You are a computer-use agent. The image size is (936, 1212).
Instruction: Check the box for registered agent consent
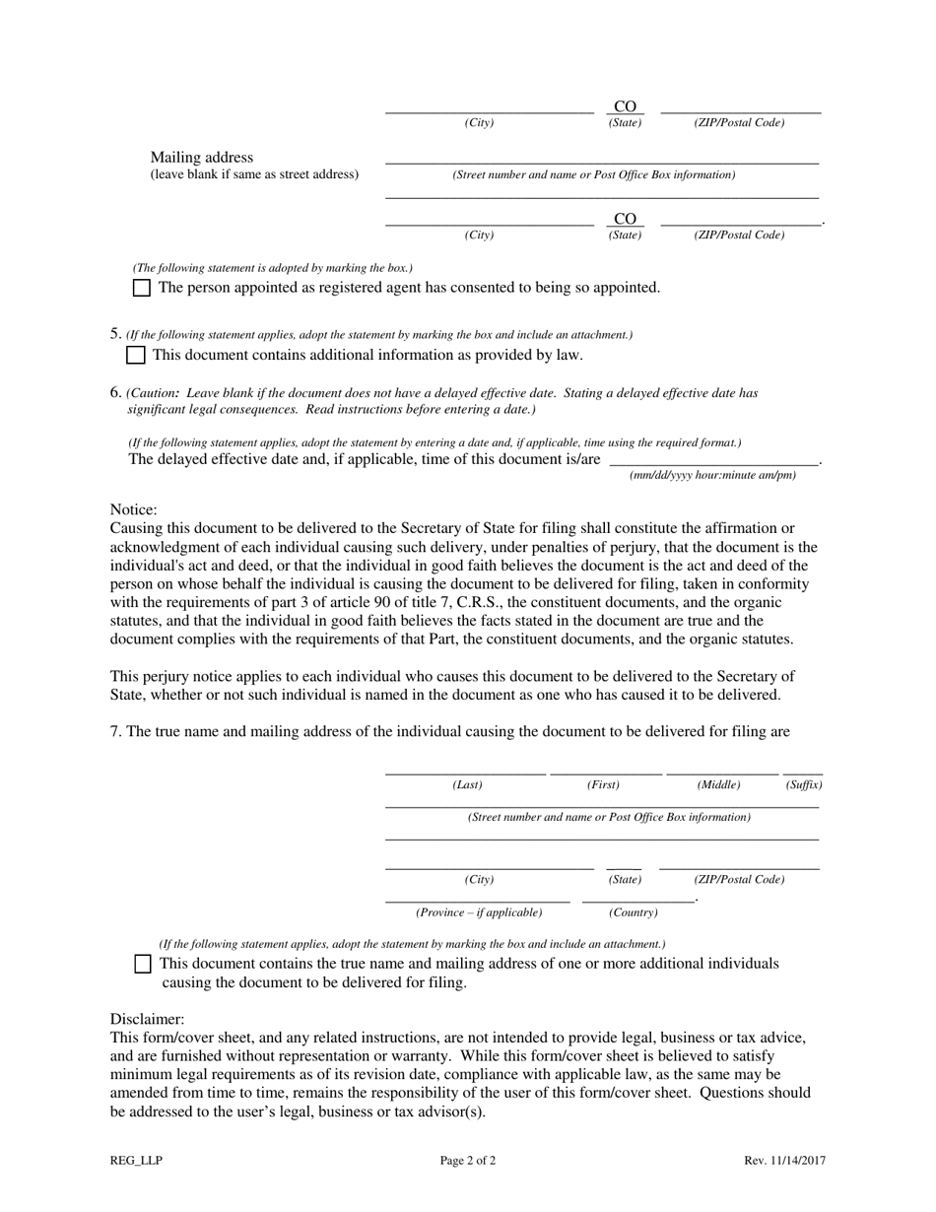click(142, 288)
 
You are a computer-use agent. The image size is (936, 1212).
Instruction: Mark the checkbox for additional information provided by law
click(136, 355)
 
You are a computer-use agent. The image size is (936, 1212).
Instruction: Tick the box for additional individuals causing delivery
click(143, 964)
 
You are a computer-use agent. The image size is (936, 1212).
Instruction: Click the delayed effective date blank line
click(713, 459)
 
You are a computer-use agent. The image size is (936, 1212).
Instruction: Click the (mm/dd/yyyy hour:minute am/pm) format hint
click(712, 475)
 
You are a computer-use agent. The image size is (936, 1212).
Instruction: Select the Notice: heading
click(133, 509)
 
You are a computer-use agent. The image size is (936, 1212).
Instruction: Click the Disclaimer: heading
click(147, 1019)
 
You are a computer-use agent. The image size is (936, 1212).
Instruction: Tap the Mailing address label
click(201, 158)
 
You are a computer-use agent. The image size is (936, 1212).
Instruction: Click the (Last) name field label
click(467, 785)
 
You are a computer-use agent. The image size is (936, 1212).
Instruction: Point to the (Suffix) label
click(803, 785)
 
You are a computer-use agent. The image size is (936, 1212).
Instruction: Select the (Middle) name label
click(718, 785)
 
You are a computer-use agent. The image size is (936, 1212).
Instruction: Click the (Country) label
click(633, 912)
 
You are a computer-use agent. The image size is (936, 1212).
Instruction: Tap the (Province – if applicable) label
click(479, 912)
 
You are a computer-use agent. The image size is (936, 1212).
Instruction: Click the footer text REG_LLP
click(136, 1161)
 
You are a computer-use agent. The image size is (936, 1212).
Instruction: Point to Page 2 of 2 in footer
click(468, 1161)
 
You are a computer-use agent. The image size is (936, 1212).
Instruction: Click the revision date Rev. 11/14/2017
click(784, 1161)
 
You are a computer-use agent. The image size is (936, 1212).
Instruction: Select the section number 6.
click(115, 392)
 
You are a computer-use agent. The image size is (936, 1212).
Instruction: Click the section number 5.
click(115, 334)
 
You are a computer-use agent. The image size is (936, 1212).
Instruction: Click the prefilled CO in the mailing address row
click(625, 219)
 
